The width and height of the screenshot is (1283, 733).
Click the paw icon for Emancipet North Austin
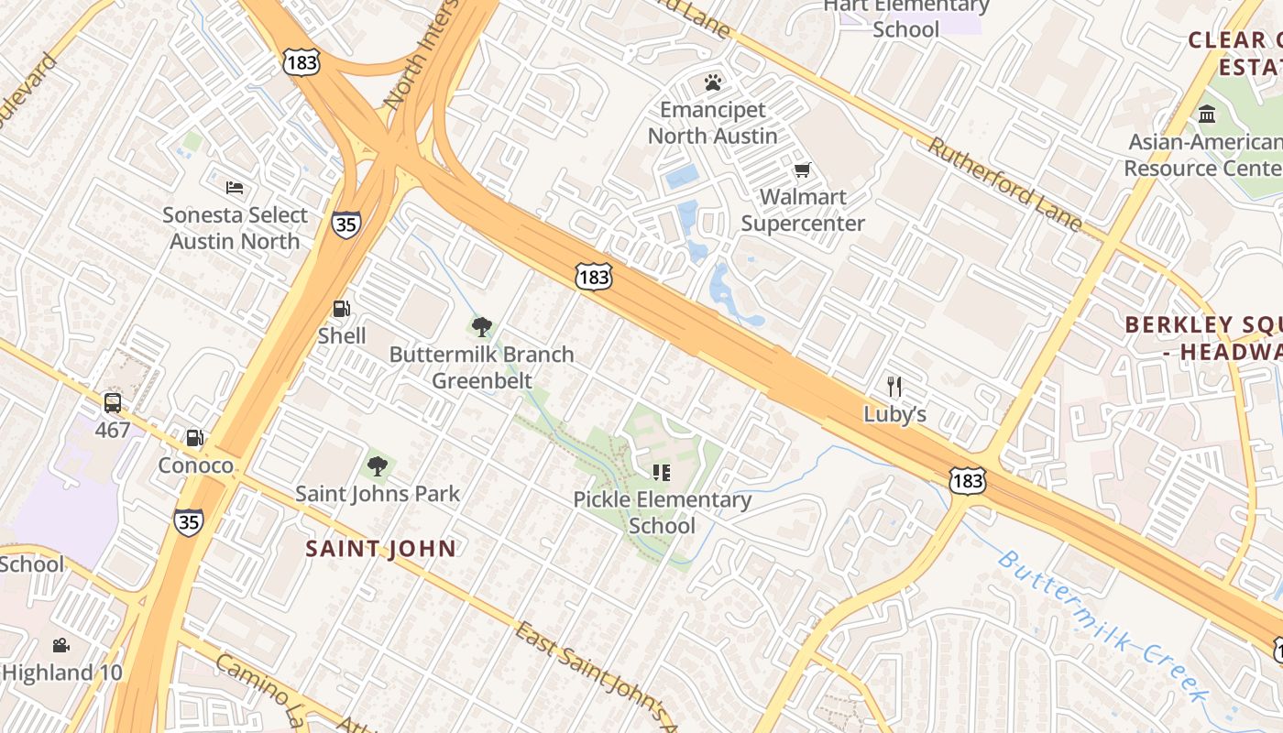click(713, 83)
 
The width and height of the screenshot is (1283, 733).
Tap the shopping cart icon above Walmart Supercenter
click(803, 170)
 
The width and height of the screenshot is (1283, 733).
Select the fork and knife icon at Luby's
click(894, 387)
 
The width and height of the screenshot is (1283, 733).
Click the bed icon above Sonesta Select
click(235, 188)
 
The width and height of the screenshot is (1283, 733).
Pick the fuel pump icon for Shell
click(341, 310)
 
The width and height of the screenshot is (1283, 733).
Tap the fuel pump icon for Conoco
click(195, 439)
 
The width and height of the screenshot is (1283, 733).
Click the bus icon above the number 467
click(113, 402)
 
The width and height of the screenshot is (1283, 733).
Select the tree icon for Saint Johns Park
click(377, 466)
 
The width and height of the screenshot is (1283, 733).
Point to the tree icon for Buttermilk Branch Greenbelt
click(482, 327)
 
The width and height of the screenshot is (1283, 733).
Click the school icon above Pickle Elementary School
click(662, 473)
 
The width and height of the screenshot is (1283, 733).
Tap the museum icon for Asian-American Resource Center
click(1207, 115)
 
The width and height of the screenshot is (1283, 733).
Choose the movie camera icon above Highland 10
click(60, 645)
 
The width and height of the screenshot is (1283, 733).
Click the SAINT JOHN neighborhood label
click(380, 549)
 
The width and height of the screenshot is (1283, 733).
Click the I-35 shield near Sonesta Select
click(346, 224)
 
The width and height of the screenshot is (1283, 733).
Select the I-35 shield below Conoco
click(189, 522)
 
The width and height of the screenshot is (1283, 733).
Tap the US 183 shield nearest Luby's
click(968, 479)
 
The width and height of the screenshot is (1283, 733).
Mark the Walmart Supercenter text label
click(803, 210)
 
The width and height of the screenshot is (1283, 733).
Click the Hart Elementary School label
click(905, 17)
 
